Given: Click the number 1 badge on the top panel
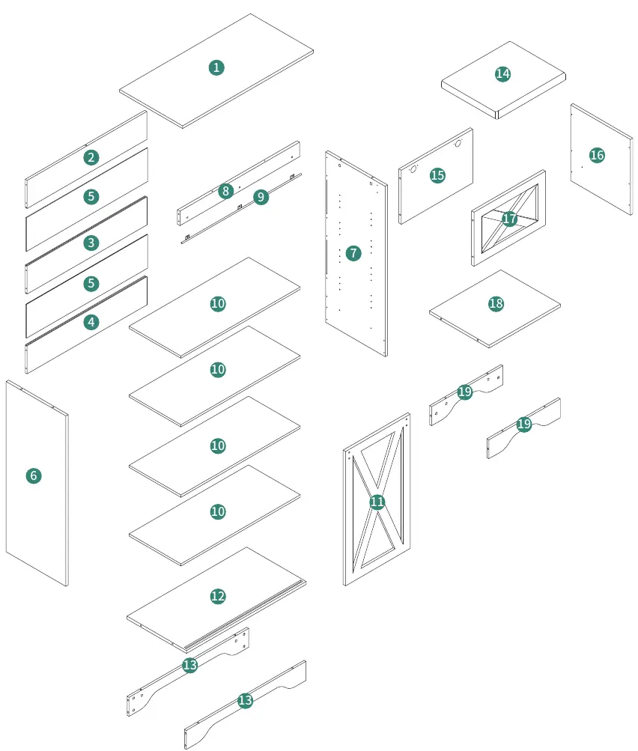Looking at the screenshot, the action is (x=216, y=67).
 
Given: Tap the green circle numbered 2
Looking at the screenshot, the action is (x=91, y=157).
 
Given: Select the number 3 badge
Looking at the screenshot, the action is (x=91, y=243).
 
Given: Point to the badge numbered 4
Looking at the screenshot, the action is (x=91, y=322).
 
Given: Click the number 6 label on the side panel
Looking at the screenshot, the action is (x=34, y=475).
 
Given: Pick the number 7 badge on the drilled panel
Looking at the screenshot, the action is (x=353, y=253).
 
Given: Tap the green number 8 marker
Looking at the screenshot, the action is (x=225, y=191).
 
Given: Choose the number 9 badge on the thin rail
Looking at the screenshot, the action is (x=261, y=197).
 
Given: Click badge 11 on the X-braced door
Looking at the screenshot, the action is (x=377, y=502).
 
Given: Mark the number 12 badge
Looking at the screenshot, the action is (x=218, y=596).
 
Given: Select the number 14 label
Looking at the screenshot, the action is (x=502, y=74).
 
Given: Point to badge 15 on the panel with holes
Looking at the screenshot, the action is (x=437, y=175).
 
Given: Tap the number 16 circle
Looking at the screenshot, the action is (x=597, y=155).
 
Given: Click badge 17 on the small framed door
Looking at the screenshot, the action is (x=510, y=219).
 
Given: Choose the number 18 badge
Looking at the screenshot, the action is (x=496, y=304).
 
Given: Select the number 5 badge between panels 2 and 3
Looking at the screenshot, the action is (x=91, y=197).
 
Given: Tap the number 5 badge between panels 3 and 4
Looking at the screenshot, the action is (x=91, y=284).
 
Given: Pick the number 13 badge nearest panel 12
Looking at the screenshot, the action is (x=189, y=665).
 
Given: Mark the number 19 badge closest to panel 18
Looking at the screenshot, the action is (x=464, y=392).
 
